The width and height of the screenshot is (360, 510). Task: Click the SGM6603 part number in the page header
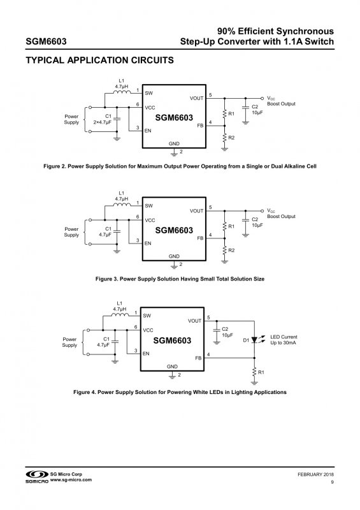click(x=46, y=41)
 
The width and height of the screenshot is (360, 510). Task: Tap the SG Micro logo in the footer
click(x=37, y=477)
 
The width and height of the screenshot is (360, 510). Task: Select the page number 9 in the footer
click(x=332, y=482)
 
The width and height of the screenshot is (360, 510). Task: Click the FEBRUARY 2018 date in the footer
click(x=315, y=474)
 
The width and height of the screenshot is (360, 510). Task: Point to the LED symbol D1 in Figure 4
click(x=254, y=340)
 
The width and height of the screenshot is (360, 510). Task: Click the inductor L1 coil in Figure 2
click(x=122, y=92)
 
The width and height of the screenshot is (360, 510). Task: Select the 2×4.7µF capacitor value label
click(x=103, y=122)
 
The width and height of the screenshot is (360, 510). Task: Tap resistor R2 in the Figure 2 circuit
click(x=224, y=138)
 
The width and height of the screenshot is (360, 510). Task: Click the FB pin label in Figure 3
click(x=200, y=238)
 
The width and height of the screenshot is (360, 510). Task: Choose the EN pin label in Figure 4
click(x=146, y=354)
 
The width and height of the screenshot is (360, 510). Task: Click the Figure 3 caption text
click(x=180, y=279)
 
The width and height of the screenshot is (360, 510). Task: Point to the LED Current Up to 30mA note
click(x=284, y=340)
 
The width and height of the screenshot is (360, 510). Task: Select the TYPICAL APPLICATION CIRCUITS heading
click(x=99, y=60)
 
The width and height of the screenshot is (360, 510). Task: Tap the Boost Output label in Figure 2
click(x=281, y=104)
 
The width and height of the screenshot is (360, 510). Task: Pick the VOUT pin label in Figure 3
click(x=197, y=211)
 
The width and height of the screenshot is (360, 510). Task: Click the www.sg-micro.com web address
click(x=71, y=480)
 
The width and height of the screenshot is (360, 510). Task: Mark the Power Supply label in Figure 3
click(x=71, y=232)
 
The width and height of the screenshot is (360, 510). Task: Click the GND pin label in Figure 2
click(x=174, y=143)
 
